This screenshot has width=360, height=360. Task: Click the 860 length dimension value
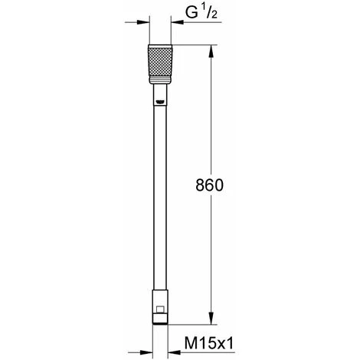pyautogui.click(x=209, y=185)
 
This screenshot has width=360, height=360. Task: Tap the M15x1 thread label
pyautogui.click(x=209, y=343)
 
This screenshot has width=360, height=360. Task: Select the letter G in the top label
pyautogui.click(x=191, y=13)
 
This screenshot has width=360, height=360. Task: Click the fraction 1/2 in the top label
pyautogui.click(x=211, y=13)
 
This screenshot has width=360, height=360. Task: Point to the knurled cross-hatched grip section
pyautogui.click(x=160, y=62)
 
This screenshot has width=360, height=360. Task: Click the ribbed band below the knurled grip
pyautogui.click(x=160, y=80)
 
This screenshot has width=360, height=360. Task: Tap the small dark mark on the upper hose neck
pyautogui.click(x=160, y=102)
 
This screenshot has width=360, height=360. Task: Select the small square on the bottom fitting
pyautogui.click(x=160, y=309)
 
